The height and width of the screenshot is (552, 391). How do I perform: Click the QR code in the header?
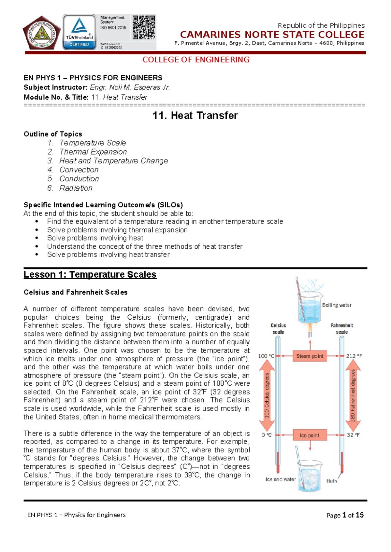tap(144, 27)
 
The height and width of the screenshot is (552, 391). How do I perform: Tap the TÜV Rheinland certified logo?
tap(79, 32)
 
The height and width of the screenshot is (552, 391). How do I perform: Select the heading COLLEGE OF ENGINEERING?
tap(196, 60)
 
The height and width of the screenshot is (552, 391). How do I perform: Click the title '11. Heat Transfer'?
tap(195, 116)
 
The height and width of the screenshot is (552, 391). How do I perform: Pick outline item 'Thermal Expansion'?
tap(93, 152)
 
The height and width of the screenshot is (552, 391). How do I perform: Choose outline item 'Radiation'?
tap(76, 188)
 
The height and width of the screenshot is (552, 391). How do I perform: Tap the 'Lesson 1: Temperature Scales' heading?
tap(90, 274)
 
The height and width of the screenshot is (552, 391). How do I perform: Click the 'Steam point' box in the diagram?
tap(310, 356)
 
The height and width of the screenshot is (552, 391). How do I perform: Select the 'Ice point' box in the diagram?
tap(310, 435)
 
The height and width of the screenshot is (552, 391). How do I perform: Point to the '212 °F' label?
tap(354, 356)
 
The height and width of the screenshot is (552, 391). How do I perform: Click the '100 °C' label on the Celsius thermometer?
tap(266, 356)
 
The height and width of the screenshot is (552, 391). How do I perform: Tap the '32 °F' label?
tap(353, 435)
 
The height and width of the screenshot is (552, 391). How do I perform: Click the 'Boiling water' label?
tap(337, 305)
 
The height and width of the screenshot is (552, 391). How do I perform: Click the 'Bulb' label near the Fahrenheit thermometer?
tap(331, 481)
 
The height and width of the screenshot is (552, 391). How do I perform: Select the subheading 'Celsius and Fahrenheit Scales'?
tap(76, 292)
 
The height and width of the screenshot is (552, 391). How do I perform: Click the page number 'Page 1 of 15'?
tap(345, 515)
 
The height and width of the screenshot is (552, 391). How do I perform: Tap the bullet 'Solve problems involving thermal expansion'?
tap(117, 230)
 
